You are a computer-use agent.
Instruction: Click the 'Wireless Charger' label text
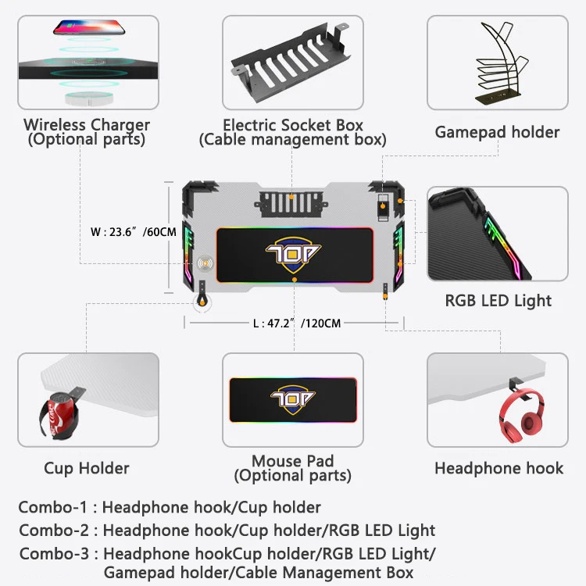[x=86, y=124]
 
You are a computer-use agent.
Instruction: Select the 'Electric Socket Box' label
[x=293, y=125]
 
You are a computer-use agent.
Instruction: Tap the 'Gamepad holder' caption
[x=497, y=132]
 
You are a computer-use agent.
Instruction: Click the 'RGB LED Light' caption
[x=498, y=301]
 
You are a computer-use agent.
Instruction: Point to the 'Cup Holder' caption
[x=86, y=468]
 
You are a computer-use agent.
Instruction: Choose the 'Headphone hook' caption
[x=498, y=468]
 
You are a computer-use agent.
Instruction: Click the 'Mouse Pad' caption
[x=293, y=461]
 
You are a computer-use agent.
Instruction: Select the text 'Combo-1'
[x=52, y=507]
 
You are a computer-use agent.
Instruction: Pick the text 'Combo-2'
[x=53, y=530]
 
